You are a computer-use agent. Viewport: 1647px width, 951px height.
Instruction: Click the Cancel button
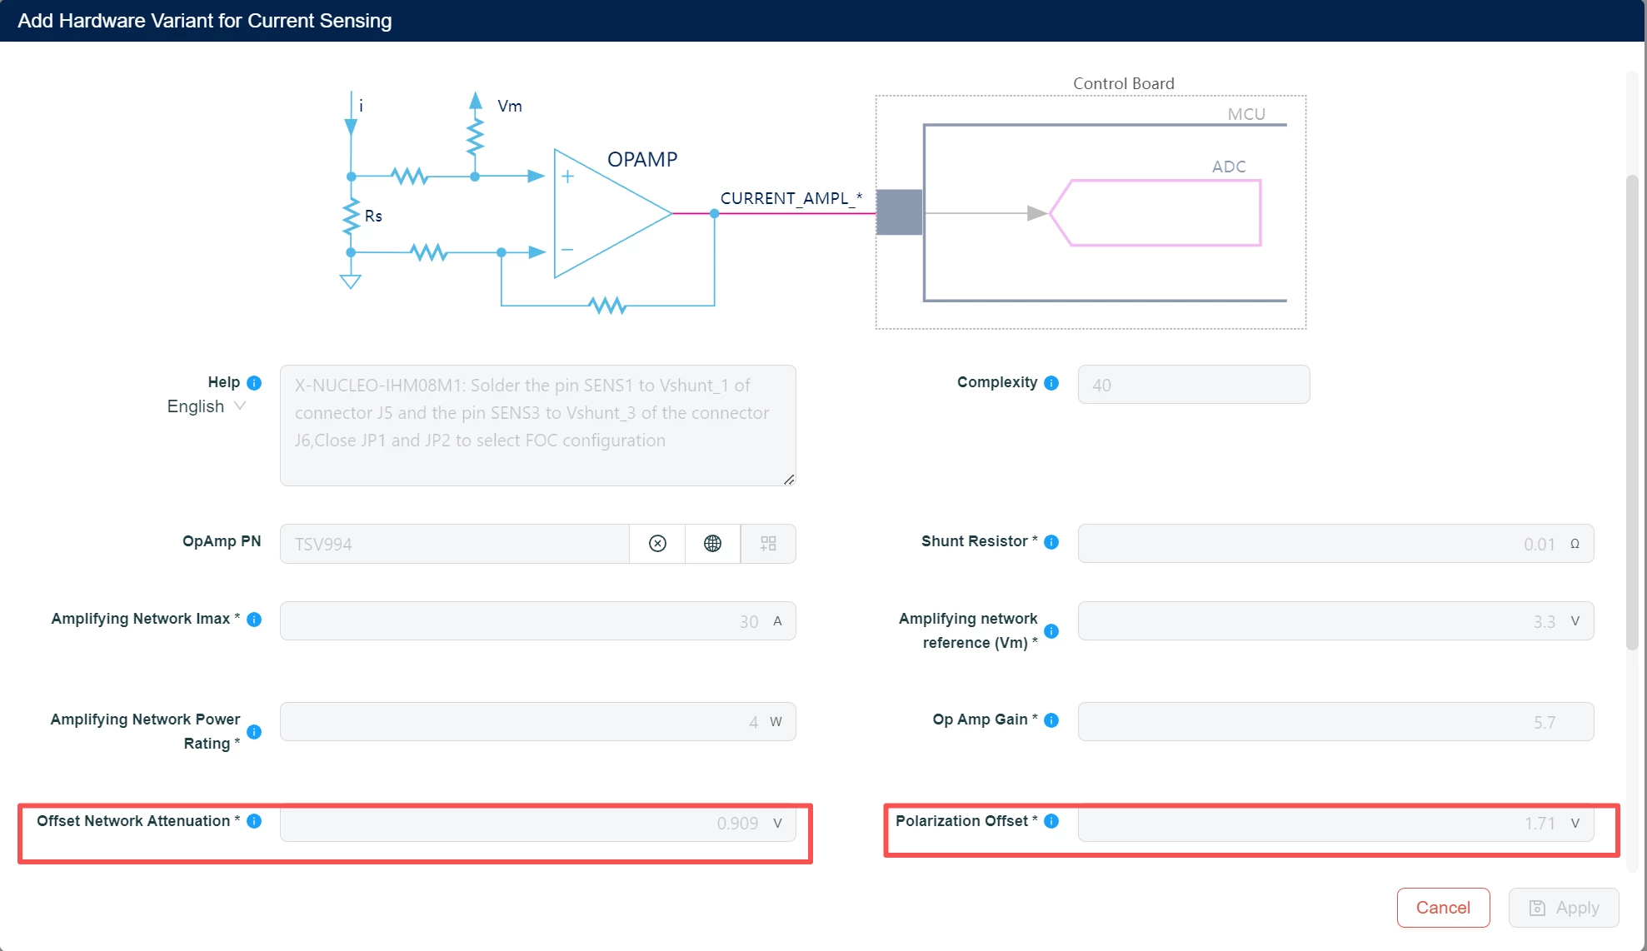click(x=1443, y=907)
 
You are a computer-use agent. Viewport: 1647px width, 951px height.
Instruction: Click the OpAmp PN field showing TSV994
click(x=454, y=544)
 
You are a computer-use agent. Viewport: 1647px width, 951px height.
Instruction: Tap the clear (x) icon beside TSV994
click(x=657, y=544)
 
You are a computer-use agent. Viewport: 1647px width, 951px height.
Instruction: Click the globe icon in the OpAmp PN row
click(x=712, y=544)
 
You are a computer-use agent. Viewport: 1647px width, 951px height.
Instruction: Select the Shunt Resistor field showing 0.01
click(x=1335, y=544)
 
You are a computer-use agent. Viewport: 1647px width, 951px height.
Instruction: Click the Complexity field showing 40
click(x=1194, y=385)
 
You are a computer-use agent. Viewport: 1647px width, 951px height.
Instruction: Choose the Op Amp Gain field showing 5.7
click(x=1335, y=721)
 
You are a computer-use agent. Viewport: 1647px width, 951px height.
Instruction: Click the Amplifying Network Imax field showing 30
click(x=537, y=620)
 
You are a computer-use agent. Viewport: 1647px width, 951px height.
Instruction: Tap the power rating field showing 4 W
click(x=537, y=721)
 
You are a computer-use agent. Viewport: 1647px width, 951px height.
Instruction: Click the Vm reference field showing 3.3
click(x=1335, y=620)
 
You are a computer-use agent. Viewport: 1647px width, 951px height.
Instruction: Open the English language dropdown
click(x=207, y=406)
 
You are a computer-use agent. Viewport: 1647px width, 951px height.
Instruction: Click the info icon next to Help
click(x=254, y=383)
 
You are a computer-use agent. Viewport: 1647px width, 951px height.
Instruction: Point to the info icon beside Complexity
click(x=1051, y=383)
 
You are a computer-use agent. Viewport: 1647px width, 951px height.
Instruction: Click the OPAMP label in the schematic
click(x=642, y=159)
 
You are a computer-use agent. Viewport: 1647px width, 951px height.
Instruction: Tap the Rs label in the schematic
click(x=373, y=216)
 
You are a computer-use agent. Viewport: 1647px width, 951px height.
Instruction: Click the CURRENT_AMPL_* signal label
click(x=791, y=198)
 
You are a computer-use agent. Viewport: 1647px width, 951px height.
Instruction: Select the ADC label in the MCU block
click(x=1229, y=167)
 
